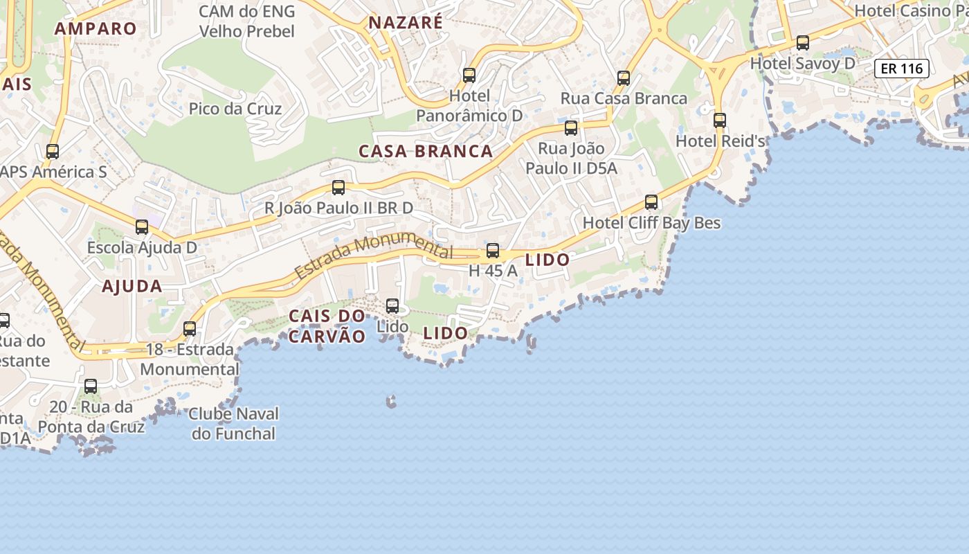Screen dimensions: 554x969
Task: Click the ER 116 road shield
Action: [901, 69]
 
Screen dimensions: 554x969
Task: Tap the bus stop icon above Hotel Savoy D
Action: [803, 43]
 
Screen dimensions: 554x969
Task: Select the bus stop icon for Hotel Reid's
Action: [720, 120]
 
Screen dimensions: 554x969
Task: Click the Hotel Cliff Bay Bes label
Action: [651, 223]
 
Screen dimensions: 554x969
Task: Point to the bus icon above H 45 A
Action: [493, 251]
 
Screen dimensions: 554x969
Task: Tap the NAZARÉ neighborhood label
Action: [406, 22]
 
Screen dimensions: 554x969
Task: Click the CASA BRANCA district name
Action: [426, 151]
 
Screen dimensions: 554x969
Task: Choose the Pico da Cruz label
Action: [235, 109]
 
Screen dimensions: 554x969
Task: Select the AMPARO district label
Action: [96, 28]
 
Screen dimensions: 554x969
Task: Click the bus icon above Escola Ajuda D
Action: [142, 227]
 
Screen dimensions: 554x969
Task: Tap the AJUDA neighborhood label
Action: [132, 286]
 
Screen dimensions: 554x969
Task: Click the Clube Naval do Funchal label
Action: [233, 424]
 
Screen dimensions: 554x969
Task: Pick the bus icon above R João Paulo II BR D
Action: [338, 188]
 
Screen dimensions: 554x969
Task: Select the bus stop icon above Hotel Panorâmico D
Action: [469, 75]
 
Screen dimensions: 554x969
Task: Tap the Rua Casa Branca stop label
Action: [624, 98]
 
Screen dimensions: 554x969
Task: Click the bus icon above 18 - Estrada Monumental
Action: [190, 329]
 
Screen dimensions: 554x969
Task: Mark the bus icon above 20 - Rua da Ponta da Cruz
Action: [91, 386]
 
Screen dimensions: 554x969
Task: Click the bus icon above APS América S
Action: [53, 152]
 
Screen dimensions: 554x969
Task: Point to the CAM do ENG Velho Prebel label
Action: [247, 21]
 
